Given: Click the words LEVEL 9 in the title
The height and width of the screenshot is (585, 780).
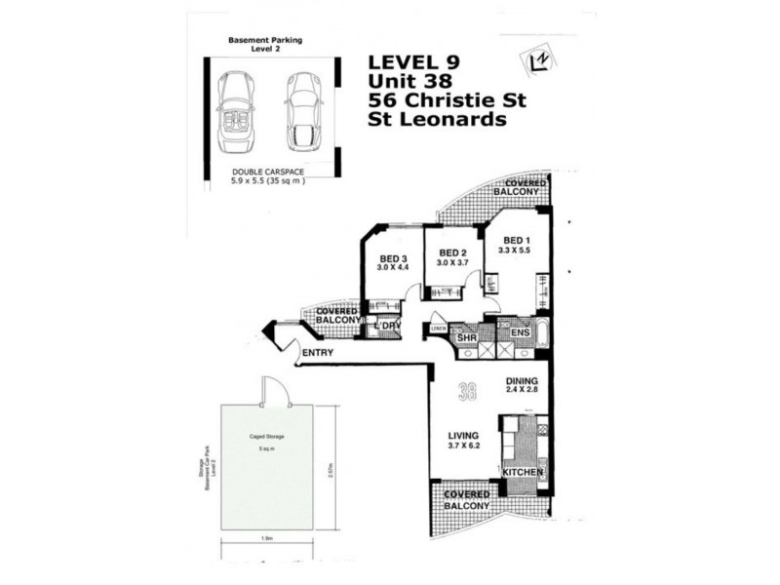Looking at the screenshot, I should [x=413, y=62].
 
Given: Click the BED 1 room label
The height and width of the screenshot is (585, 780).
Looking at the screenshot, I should [x=518, y=243].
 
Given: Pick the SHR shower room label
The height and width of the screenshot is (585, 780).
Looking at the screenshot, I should [x=481, y=337].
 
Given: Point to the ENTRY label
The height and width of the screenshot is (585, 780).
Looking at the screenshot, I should [x=319, y=353].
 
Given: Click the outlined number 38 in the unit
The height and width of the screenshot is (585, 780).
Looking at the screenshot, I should [x=469, y=392].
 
